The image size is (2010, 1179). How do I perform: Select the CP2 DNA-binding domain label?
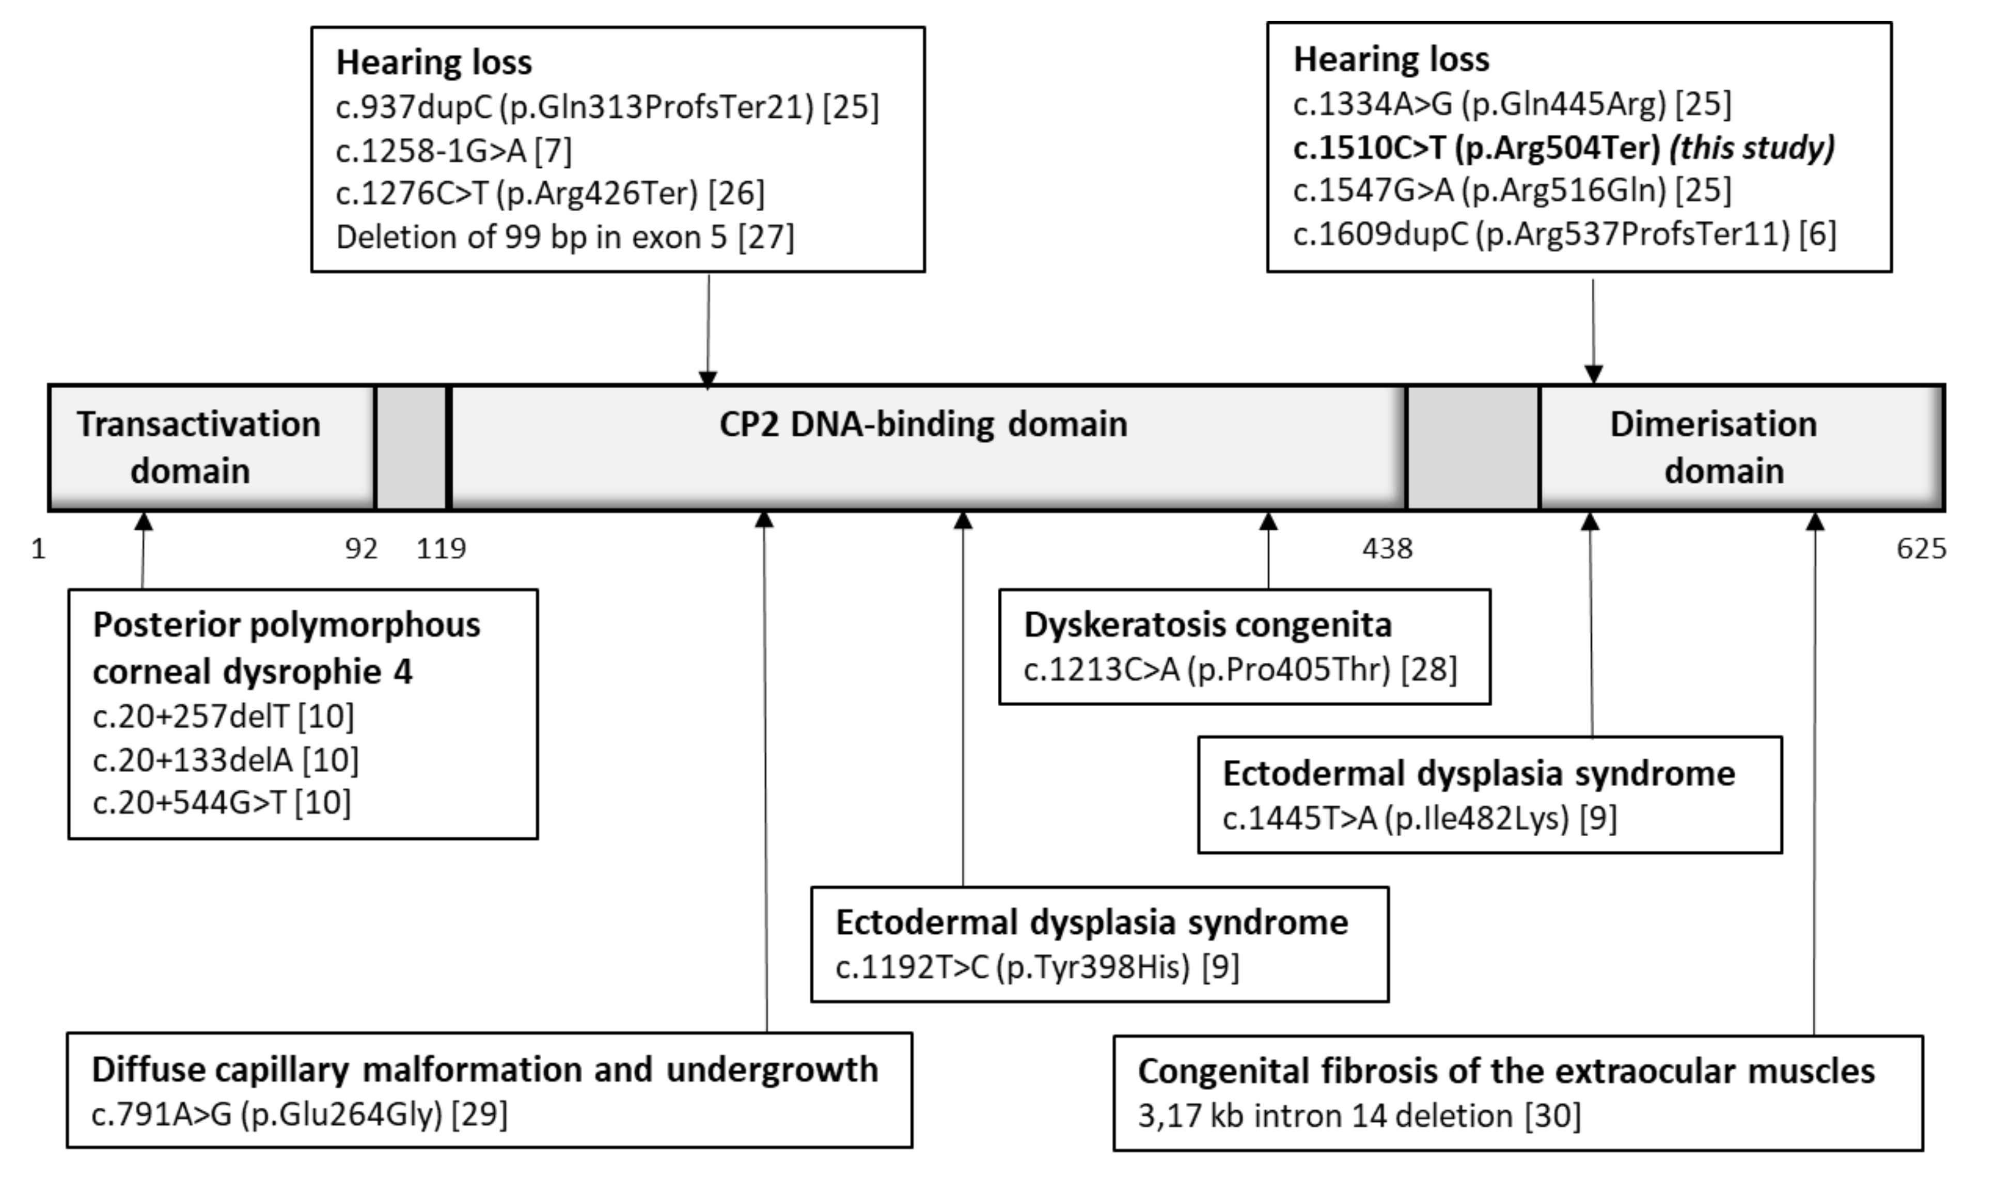[923, 424]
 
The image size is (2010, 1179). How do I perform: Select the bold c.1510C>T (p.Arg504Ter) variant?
[1563, 148]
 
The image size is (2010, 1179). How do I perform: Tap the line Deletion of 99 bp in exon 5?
[564, 237]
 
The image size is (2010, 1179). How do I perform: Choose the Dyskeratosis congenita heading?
[1207, 625]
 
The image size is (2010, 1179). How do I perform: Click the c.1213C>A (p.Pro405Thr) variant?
[1239, 670]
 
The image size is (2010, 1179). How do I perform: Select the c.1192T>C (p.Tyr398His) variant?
[1037, 967]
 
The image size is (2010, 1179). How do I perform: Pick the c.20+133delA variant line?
[226, 760]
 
